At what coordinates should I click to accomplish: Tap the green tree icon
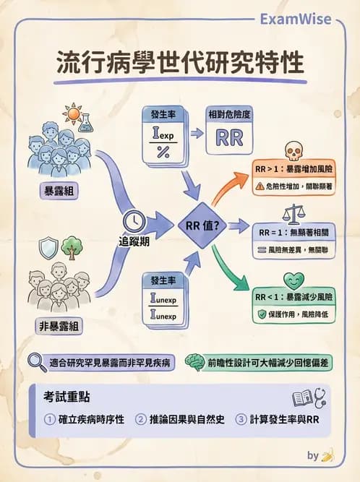click(71, 248)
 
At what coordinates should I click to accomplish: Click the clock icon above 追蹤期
click(134, 220)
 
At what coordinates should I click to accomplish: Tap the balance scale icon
click(292, 215)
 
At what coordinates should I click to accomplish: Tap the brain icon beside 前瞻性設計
click(193, 361)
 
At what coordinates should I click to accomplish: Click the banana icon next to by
click(327, 456)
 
